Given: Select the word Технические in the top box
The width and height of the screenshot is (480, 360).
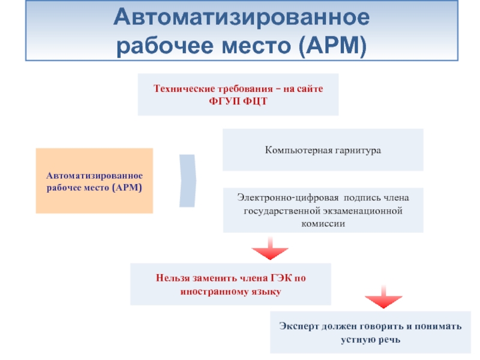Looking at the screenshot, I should coord(179,89).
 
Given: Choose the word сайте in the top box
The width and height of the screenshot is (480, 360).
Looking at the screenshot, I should coord(309,89).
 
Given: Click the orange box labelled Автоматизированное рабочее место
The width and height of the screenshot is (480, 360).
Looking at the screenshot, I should coord(94,181).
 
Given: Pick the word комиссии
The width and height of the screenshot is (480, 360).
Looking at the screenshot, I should coord(323,223).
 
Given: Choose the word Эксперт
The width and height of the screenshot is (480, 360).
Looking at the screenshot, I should coord(298,327).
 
